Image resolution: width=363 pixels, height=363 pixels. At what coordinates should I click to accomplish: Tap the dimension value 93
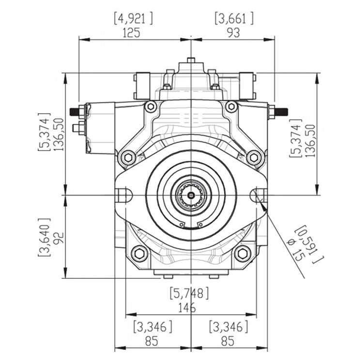pos(233,33)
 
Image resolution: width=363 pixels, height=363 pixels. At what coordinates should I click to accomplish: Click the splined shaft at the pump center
pos(192,196)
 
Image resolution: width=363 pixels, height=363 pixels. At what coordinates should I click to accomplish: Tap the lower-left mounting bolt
pos(139,253)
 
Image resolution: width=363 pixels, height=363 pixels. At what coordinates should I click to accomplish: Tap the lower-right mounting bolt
pos(242,253)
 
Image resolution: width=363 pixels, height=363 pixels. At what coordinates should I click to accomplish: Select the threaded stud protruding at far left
pos(76,112)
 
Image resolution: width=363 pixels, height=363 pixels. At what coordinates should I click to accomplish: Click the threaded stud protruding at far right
pos(281,112)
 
